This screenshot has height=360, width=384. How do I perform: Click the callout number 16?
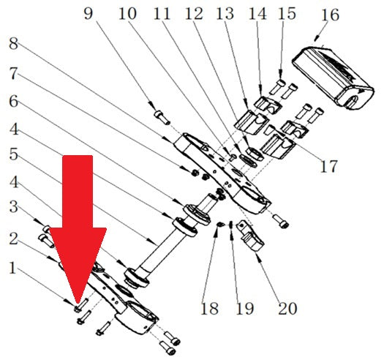pos(330,15)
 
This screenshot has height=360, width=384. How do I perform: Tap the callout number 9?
pos(89,13)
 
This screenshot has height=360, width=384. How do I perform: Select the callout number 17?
pos(328,166)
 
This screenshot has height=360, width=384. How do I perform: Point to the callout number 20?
pos(287,308)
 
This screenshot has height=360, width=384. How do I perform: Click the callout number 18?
pos(209,308)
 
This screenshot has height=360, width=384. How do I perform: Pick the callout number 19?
pos(244,308)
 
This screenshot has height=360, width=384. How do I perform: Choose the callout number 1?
pos(12,268)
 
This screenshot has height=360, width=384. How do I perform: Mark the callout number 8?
pos(13,44)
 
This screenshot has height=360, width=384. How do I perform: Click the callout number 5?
pos(14,154)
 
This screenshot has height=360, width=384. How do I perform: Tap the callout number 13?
pos(225,13)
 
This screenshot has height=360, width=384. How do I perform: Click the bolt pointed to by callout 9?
pos(162,117)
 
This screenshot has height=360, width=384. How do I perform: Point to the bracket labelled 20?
pos(250,236)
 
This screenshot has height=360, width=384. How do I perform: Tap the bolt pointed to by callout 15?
pos(277,87)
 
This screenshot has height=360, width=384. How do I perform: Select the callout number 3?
pos(14,206)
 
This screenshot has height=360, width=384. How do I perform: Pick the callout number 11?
pos(162,13)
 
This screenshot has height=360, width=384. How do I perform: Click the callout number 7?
pos(13,73)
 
